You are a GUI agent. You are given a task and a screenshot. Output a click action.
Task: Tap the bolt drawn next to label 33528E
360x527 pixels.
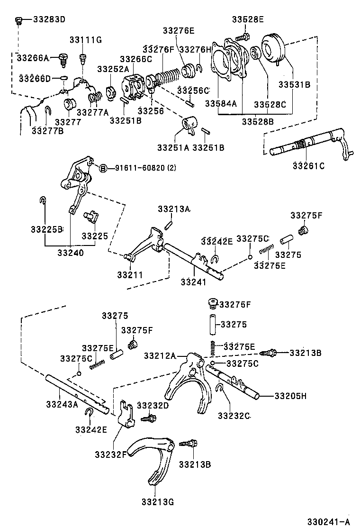(244, 36)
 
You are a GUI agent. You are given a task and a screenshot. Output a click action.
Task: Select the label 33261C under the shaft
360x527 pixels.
(308, 166)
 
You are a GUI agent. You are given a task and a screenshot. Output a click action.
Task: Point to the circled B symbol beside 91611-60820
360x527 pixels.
(102, 168)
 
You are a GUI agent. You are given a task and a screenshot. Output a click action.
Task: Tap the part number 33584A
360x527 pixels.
(221, 104)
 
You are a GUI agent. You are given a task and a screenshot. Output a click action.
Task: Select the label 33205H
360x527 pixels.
(290, 396)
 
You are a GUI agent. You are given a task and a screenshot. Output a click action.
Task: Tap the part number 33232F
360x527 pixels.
(110, 454)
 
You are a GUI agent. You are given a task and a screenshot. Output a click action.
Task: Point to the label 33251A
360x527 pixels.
(173, 147)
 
